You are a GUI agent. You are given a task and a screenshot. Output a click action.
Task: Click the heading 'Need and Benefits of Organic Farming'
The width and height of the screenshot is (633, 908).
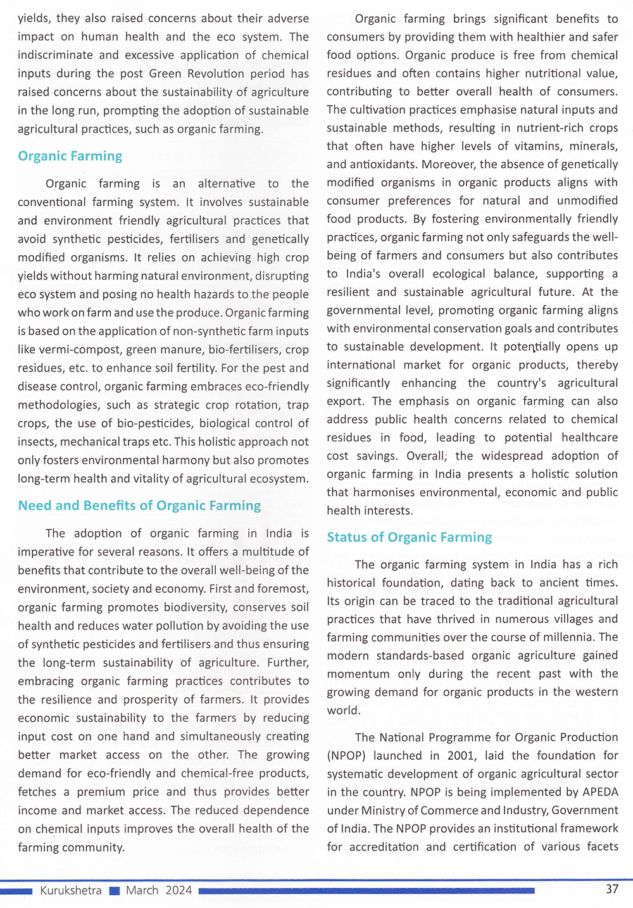point(139,505)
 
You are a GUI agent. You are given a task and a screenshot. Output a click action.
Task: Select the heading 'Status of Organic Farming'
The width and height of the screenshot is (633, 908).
point(409,537)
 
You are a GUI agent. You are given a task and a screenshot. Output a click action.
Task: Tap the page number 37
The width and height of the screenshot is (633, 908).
point(611,889)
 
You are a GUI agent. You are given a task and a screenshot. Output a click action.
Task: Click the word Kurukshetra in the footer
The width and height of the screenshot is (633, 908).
point(70,890)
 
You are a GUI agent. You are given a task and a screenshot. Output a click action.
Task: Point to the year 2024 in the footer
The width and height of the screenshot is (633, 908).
point(179,890)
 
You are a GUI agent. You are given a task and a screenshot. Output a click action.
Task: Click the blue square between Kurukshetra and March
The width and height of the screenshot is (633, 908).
point(114,891)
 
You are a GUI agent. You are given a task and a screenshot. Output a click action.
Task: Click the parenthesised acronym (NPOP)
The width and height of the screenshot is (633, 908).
point(346,755)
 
